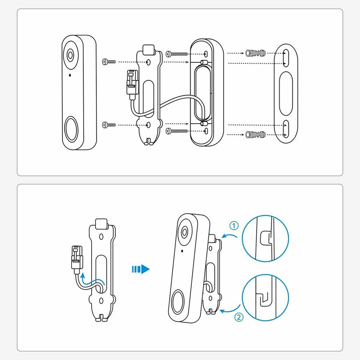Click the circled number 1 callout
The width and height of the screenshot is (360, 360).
tap(234, 226)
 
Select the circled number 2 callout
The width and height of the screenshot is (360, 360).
tap(239, 318)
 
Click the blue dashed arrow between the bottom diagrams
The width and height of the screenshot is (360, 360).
tap(140, 269)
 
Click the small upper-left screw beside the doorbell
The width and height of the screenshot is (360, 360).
tap(109, 62)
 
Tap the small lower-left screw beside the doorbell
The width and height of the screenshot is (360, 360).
tap(109, 125)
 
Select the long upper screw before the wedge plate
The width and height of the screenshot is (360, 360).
tap(176, 54)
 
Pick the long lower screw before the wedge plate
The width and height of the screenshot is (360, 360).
tap(176, 131)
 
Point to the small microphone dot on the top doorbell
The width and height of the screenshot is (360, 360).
tap(70, 75)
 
